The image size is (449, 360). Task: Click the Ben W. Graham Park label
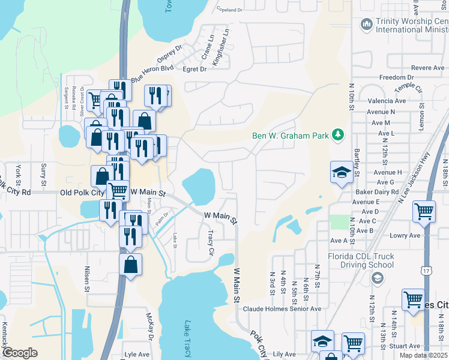291,136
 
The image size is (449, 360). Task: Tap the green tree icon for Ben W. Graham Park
339,135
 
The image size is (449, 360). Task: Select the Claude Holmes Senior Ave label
282,310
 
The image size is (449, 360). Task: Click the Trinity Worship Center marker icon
366,24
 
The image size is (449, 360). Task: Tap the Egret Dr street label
194,70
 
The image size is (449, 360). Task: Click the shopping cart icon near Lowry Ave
424,212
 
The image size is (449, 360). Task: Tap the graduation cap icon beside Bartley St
342,172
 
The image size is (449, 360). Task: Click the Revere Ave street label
428,68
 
